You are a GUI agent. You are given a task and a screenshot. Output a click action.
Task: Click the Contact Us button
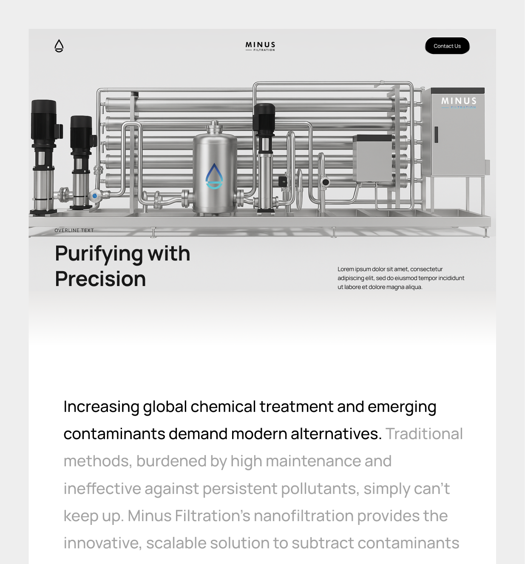pos(447,46)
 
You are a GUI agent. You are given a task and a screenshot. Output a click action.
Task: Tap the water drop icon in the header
pos(59,46)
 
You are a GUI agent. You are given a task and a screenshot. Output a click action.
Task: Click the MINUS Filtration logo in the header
pos(260,46)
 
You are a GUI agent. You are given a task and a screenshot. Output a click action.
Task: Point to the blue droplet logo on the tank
pos(214,176)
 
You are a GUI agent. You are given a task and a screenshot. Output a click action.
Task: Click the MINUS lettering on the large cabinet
pos(459,101)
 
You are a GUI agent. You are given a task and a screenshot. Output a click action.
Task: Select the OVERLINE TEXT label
pos(74,230)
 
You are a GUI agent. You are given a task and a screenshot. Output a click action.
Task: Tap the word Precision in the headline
pos(101,279)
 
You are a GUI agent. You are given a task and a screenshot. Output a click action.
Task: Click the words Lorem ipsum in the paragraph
pos(354,269)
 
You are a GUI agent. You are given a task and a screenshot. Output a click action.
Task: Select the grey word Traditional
pos(424,434)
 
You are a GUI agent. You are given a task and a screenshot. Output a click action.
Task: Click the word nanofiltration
pos(304,516)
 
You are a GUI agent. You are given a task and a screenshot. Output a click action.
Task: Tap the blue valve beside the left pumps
pos(95,196)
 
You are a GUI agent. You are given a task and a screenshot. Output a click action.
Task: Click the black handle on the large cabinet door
pos(436,135)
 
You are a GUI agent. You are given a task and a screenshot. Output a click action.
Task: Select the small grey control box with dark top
pos(372,158)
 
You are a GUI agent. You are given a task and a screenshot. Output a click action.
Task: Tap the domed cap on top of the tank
pos(215,127)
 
